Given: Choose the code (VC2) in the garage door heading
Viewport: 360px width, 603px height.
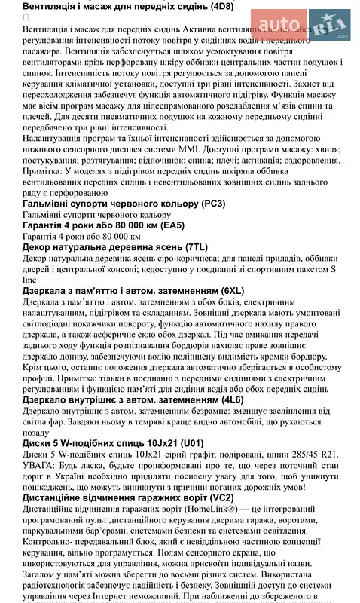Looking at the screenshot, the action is point(218,497).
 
